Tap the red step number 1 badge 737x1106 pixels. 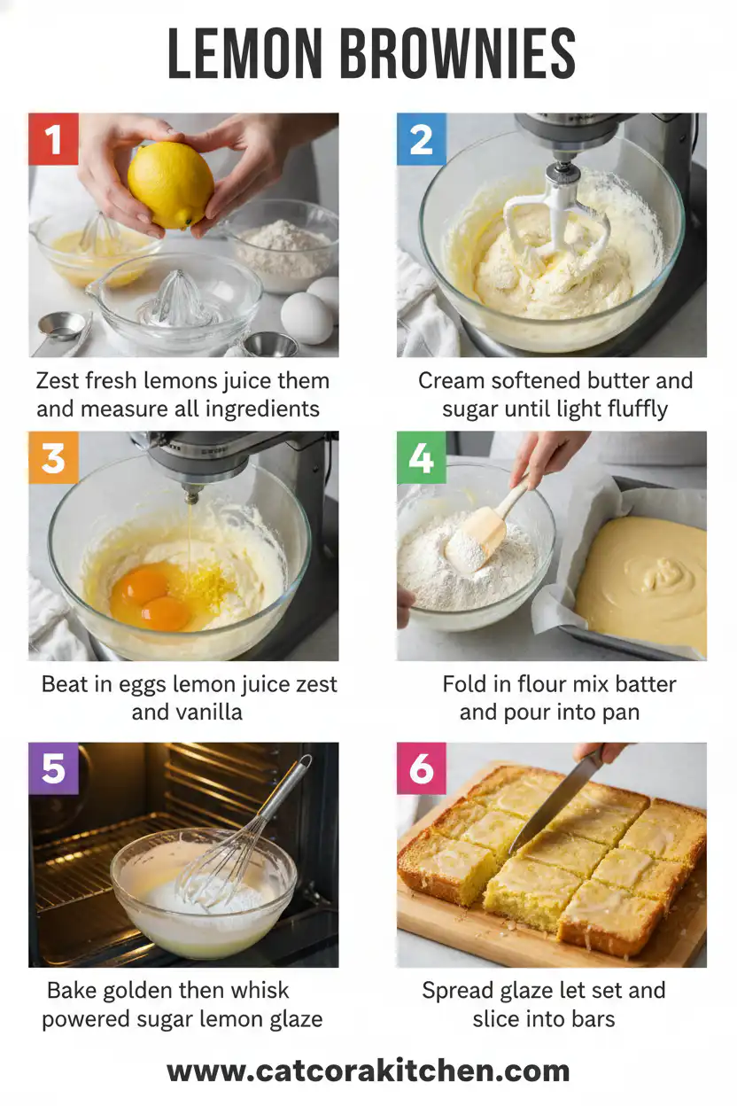tap(53, 139)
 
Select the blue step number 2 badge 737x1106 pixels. tap(422, 139)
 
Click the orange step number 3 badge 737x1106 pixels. tap(53, 457)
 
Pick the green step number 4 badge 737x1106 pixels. tap(422, 457)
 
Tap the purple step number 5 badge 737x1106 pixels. tap(53, 768)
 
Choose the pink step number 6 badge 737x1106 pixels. tap(422, 768)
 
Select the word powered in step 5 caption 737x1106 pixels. tap(84, 1019)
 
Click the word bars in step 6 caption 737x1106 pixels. tap(591, 1019)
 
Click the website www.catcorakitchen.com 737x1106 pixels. tap(368, 1071)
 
